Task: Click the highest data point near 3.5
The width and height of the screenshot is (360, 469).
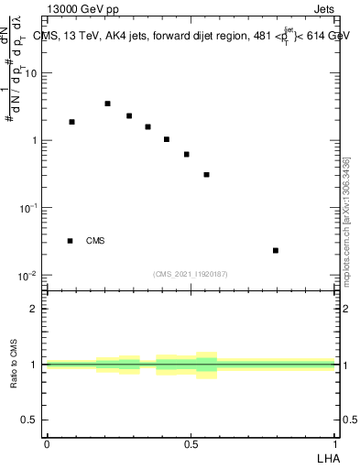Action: (x=107, y=104)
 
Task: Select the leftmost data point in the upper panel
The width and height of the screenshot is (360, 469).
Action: (x=71, y=122)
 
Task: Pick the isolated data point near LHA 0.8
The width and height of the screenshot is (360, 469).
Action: (x=275, y=250)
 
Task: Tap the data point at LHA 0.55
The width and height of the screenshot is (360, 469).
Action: (x=207, y=174)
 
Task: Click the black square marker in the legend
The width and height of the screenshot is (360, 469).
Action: (x=70, y=241)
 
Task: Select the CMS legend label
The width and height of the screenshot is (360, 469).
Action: (x=95, y=241)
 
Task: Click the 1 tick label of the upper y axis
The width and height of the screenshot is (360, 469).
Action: (x=35, y=140)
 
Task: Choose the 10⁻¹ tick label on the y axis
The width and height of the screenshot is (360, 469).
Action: (x=29, y=208)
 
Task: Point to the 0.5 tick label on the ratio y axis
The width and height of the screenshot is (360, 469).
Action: (x=30, y=420)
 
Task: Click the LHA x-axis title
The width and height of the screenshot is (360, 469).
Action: (x=327, y=457)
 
